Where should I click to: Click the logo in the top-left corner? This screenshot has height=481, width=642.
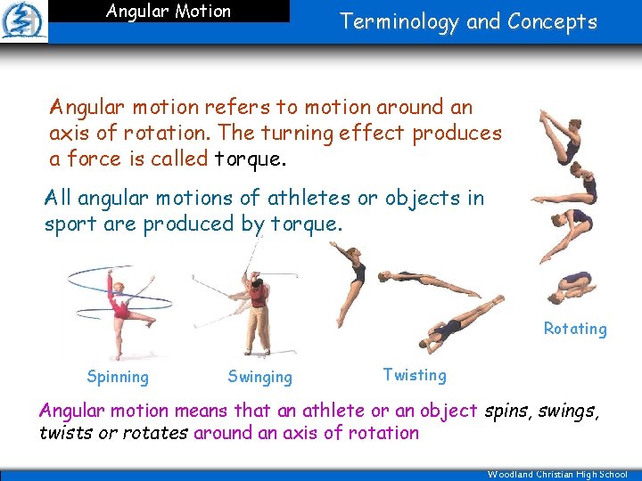point(24,21)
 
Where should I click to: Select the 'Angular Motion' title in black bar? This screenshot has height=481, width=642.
point(168,12)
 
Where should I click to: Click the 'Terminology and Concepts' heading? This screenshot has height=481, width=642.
point(468,22)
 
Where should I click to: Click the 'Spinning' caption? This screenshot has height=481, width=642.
point(118,377)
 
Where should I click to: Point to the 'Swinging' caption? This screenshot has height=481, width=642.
point(259,377)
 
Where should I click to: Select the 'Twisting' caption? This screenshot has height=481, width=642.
point(414,375)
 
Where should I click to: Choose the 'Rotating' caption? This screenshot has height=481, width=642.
point(575,329)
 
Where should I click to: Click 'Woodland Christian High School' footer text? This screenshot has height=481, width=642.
point(557,475)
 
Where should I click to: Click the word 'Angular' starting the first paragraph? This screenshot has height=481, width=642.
point(85,108)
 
